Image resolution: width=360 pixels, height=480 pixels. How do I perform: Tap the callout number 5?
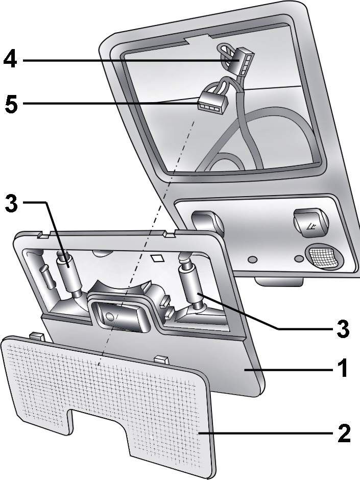[11, 105]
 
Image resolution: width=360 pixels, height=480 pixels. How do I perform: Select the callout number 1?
[342, 369]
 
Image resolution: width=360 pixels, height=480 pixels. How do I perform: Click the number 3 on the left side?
[11, 202]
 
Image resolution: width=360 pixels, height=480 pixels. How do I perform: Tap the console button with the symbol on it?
[310, 223]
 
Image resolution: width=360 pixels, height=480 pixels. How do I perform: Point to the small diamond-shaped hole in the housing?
[158, 258]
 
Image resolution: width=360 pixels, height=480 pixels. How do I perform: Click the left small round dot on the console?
[252, 260]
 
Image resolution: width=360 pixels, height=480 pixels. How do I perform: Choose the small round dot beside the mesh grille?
[298, 259]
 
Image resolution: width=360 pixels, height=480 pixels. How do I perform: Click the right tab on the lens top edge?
[162, 359]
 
